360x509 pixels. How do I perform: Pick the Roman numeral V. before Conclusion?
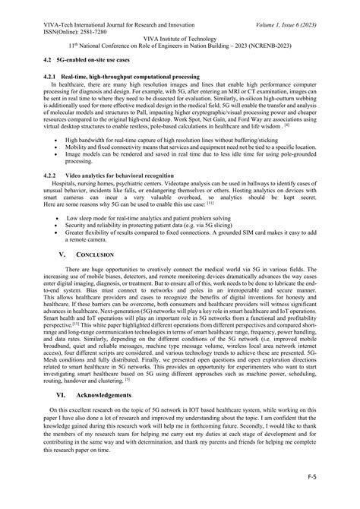62,254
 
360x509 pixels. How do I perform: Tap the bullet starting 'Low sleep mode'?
137,217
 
